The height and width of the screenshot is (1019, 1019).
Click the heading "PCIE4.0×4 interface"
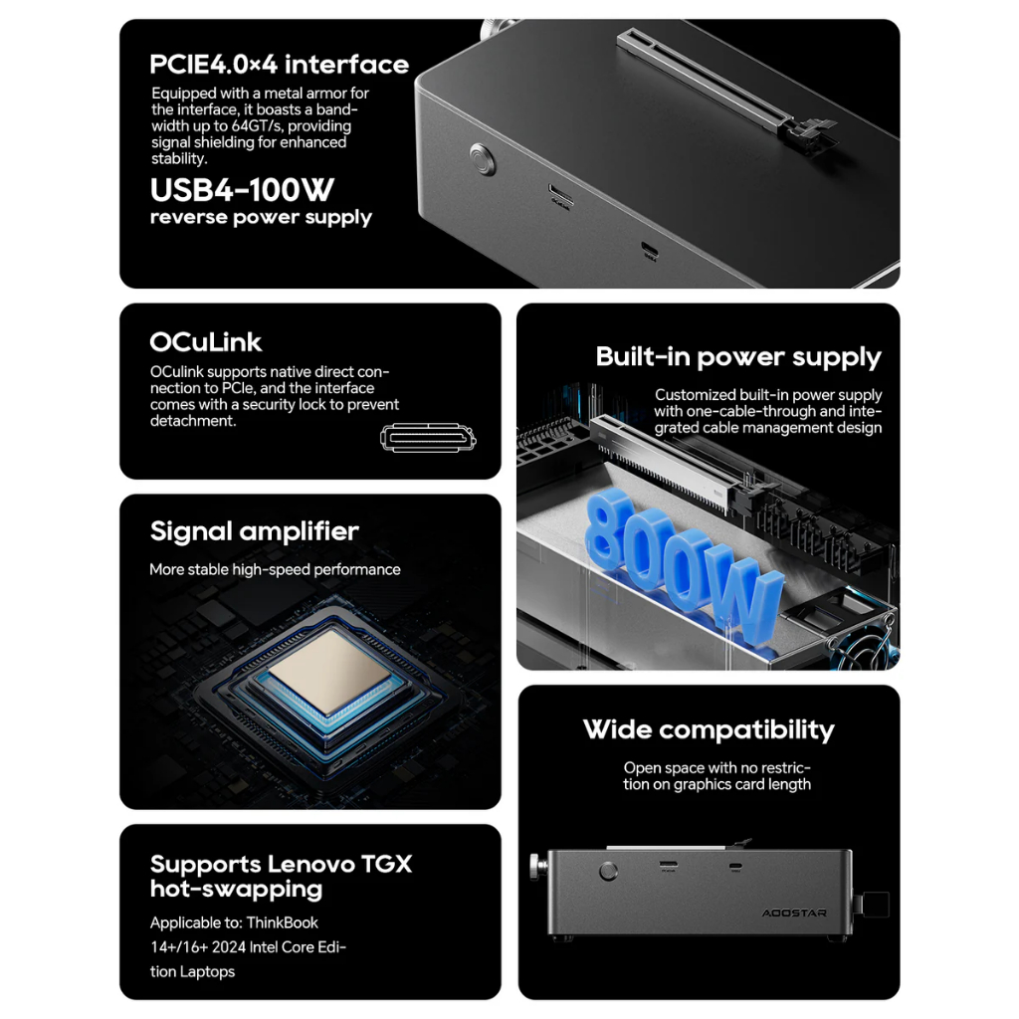[280, 65]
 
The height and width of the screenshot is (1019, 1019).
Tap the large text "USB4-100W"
[242, 190]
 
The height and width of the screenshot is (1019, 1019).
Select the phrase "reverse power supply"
[261, 218]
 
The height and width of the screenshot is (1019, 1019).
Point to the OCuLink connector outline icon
[428, 438]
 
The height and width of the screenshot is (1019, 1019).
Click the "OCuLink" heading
[205, 342]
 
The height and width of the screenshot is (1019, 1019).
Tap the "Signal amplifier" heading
[254, 531]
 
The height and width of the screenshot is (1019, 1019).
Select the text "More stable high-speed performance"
[275, 569]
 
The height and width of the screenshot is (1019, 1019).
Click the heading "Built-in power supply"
[738, 357]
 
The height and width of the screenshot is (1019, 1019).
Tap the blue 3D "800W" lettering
[683, 563]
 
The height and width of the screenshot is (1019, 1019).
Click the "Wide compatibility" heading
[709, 729]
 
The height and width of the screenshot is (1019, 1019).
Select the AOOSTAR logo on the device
[793, 914]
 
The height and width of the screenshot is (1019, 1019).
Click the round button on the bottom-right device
[608, 871]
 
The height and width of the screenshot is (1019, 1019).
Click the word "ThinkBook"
[282, 922]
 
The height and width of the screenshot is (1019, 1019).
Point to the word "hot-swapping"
[236, 889]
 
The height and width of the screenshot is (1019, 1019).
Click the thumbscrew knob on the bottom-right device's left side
[537, 868]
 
